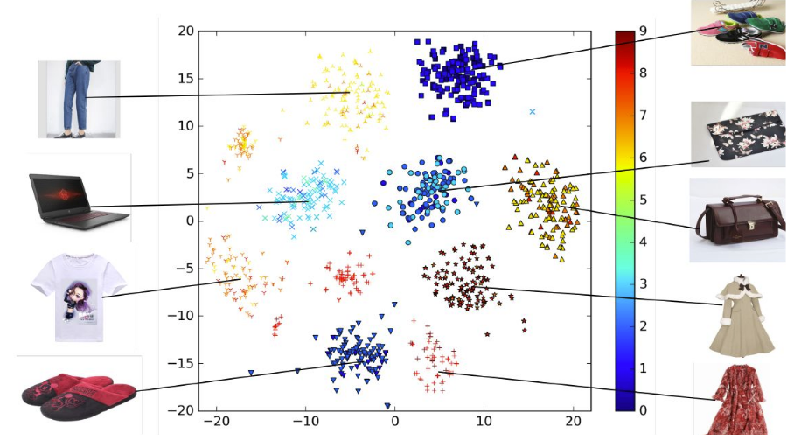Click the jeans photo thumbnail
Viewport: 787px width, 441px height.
(x=79, y=99)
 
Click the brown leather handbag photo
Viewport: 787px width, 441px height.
(x=736, y=220)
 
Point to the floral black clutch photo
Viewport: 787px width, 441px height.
(x=737, y=134)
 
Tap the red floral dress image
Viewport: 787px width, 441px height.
(x=740, y=401)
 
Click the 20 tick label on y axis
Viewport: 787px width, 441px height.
(x=185, y=31)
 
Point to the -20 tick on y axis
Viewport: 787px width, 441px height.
(x=181, y=410)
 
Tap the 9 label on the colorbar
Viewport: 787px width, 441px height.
(x=643, y=31)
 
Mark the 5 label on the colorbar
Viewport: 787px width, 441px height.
(x=643, y=200)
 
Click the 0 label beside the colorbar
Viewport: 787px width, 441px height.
(x=643, y=410)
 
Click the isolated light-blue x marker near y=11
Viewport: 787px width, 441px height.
(x=533, y=112)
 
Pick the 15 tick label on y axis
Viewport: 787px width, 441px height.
(x=185, y=79)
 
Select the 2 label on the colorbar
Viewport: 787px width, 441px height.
(x=643, y=326)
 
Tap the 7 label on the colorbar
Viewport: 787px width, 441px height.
(x=643, y=115)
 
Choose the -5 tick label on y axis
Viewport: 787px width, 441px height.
(x=184, y=269)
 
